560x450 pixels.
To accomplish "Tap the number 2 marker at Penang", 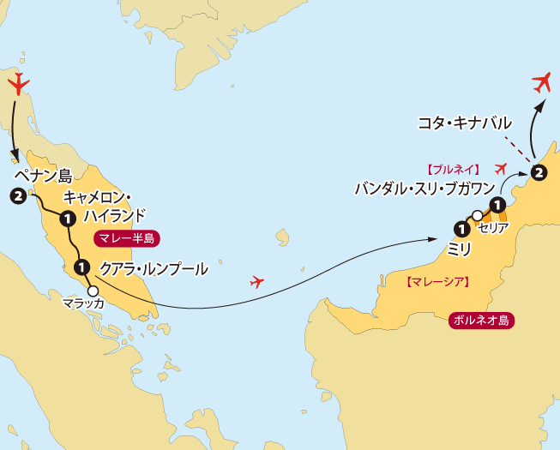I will click(16, 196).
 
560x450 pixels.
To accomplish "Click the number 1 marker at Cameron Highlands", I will click(67, 219).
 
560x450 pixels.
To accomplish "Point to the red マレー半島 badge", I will click(126, 240).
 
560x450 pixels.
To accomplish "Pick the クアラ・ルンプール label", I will click(154, 268).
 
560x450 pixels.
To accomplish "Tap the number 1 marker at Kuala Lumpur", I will click(81, 267).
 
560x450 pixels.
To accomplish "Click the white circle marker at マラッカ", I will click(93, 290).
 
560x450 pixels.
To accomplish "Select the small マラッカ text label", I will click(83, 303).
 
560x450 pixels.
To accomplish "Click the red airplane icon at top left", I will click(18, 84).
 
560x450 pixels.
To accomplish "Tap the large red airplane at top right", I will click(541, 82).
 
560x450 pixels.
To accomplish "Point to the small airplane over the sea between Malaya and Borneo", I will click(256, 281).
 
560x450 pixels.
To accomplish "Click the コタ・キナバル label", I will click(464, 123).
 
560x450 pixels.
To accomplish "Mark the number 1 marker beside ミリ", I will click(461, 229).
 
